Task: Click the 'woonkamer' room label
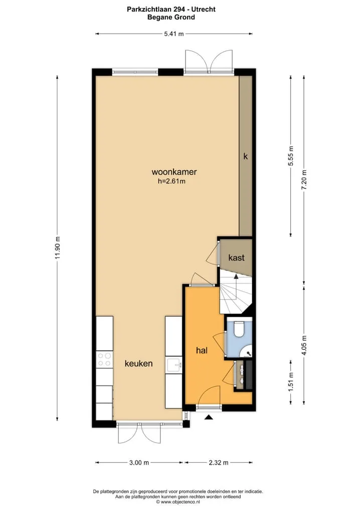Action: (174, 172)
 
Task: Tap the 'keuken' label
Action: (139, 363)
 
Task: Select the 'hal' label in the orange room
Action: (202, 350)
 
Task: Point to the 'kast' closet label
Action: (236, 258)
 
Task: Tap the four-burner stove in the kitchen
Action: (104, 359)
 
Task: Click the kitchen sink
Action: (174, 365)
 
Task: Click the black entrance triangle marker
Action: (209, 417)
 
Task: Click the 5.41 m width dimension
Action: (174, 33)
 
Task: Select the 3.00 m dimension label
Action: (139, 462)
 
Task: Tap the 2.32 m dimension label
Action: (219, 462)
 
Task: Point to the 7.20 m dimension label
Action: (304, 180)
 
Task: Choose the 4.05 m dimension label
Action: (304, 345)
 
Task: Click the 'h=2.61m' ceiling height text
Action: (171, 182)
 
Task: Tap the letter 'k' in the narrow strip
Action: (246, 156)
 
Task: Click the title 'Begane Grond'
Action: (171, 17)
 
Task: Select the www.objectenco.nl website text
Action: (180, 502)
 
